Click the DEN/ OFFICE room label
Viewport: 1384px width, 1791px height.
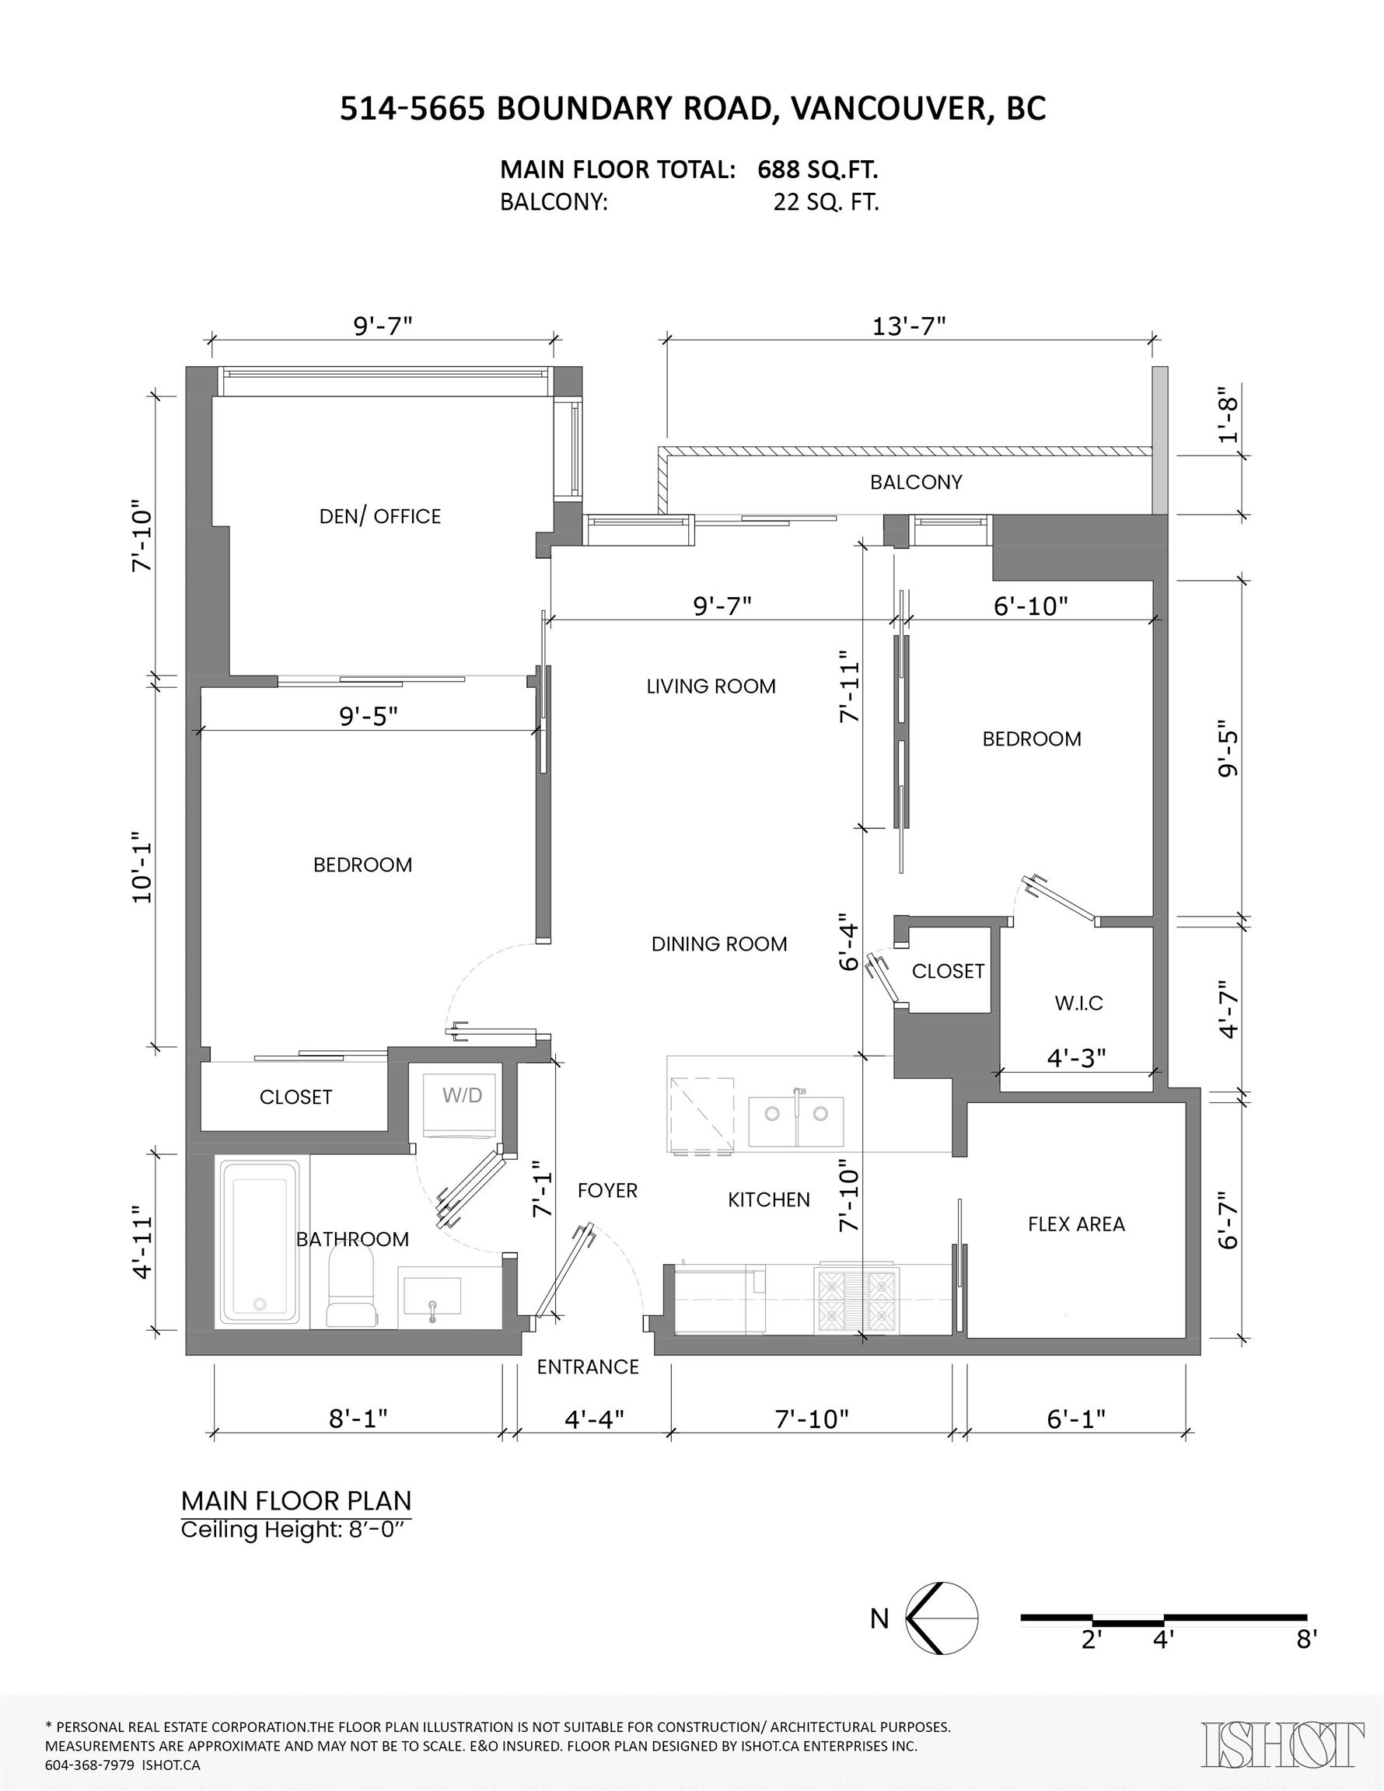380,516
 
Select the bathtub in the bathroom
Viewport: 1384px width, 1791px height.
259,1243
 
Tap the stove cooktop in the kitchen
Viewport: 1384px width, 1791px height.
857,1300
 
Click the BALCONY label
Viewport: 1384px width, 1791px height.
916,482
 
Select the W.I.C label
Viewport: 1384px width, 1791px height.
1078,1003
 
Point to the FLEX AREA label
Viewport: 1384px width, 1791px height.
1076,1224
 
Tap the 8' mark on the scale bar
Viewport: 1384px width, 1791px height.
1306,1639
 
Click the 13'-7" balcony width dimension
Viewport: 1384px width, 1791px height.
908,326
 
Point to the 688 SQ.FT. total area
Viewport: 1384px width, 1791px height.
817,169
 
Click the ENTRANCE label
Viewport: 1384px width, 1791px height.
587,1367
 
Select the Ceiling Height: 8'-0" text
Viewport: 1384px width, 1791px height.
294,1529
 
